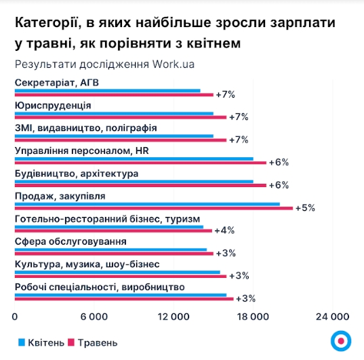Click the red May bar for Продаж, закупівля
[x=153, y=208]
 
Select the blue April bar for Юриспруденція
[x=114, y=113]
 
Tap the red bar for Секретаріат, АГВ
[x=114, y=95]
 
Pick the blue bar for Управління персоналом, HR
[x=134, y=159]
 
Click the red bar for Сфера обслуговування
[x=114, y=254]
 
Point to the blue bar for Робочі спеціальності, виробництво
[x=121, y=294]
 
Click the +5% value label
[x=306, y=207]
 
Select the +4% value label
[x=224, y=231]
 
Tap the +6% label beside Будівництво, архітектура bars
[x=279, y=185]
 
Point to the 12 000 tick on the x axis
[x=174, y=317]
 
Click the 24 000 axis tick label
[x=332, y=317]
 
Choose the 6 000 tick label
[x=94, y=317]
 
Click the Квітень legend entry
[x=43, y=342]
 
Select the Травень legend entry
[x=98, y=342]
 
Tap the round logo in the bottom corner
[x=340, y=341]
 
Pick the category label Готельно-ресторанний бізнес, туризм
[x=107, y=218]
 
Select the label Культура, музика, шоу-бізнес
[x=87, y=264]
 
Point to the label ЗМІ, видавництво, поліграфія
[x=85, y=127]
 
